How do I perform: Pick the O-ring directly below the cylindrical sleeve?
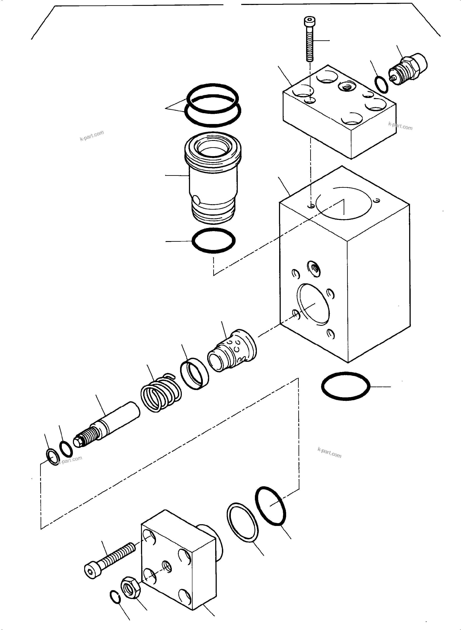[213, 240]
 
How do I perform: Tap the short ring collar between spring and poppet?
[195, 374]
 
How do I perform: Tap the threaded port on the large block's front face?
[314, 269]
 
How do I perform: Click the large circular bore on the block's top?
[344, 203]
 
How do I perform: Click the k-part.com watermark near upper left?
[92, 135]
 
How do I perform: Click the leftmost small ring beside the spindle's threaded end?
[53, 457]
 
